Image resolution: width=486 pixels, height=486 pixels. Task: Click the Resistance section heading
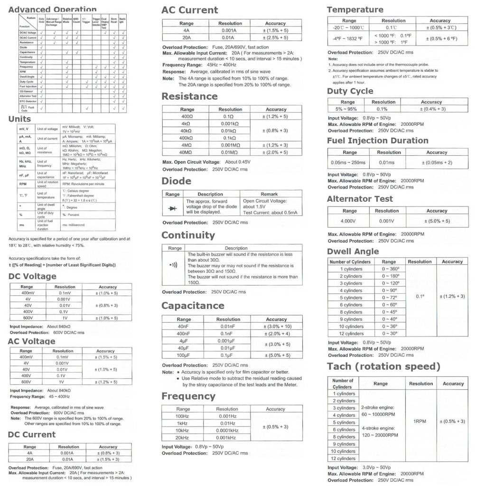[189, 96]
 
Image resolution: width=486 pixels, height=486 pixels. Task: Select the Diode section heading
[176, 181]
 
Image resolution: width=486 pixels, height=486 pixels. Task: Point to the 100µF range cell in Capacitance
[184, 355]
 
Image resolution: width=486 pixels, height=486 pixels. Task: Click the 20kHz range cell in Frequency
[183, 438]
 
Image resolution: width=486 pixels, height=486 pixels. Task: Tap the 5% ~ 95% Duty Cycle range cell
[347, 109]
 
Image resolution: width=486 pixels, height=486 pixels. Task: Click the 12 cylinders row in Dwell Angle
[351, 334]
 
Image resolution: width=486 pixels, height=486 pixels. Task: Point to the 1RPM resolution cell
[421, 421]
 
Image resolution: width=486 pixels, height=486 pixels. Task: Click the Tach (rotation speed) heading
[383, 366]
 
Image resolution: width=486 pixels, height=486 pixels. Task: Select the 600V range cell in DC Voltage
[28, 318]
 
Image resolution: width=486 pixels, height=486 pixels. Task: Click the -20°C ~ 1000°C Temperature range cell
[349, 28]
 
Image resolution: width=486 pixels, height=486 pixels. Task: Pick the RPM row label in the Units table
[23, 184]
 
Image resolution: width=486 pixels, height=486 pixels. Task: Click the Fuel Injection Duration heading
[377, 140]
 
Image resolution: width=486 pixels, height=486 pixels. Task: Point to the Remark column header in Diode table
[269, 194]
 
